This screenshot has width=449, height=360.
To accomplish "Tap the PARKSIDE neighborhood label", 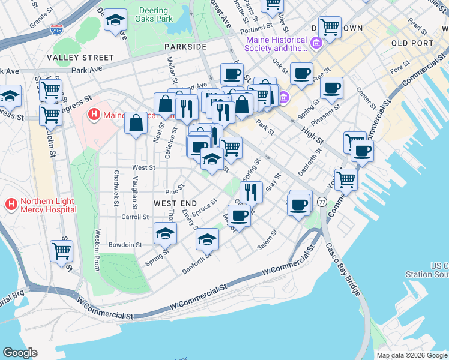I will point(187,46).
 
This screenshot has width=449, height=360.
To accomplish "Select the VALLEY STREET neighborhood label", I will point(82,58).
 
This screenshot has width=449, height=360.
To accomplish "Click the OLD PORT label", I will point(411,44).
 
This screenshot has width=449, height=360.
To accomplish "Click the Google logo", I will point(20,352).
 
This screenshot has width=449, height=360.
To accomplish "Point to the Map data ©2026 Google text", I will point(411,355).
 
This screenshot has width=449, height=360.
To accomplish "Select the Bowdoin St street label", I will point(125,245).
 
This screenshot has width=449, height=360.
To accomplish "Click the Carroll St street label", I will point(135,217).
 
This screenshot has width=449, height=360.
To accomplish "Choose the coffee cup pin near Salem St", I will point(238,215).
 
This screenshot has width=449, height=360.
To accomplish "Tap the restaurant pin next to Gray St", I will point(251,192).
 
